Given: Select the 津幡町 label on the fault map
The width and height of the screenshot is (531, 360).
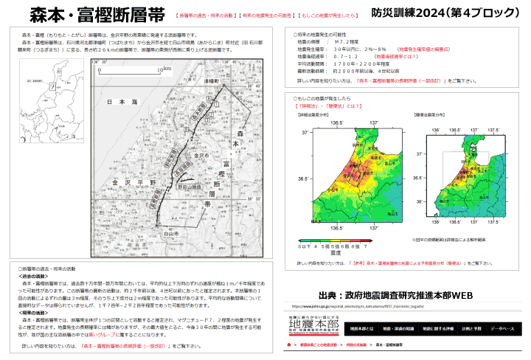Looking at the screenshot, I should pyautogui.click(x=212, y=80).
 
